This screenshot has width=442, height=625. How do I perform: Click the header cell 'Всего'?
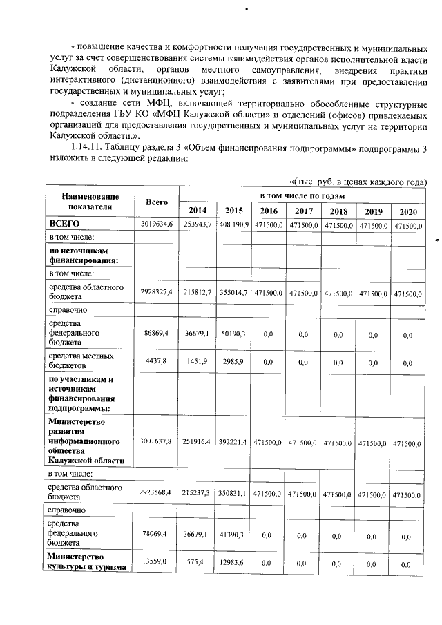157,202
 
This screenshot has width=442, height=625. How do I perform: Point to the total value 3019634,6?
157,225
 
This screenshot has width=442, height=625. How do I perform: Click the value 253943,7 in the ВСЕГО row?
197,225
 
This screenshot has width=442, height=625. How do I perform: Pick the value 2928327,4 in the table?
157,293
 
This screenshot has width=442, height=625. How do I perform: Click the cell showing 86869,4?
157,333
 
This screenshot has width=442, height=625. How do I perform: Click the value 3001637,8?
157,441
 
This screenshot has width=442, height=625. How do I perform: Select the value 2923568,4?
157,494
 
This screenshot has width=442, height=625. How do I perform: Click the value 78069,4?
157,534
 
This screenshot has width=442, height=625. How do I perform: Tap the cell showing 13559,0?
157,563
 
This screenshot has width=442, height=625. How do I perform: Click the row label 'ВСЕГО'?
65,224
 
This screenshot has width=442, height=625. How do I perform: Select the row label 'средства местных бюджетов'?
76,360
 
